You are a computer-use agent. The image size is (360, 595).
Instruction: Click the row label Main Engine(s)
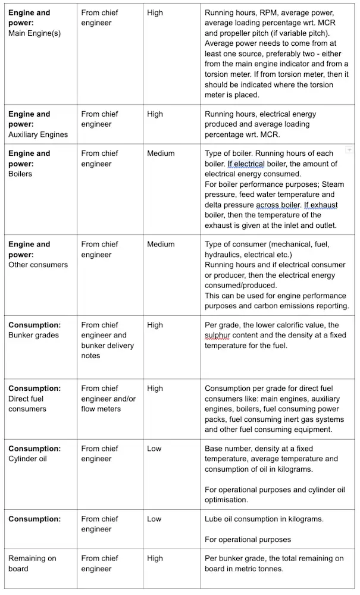(x=35, y=33)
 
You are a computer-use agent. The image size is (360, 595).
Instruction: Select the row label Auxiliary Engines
(x=38, y=134)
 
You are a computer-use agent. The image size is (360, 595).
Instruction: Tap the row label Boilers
(x=20, y=174)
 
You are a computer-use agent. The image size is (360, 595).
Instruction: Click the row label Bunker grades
(x=33, y=336)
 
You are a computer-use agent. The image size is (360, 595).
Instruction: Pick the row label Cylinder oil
(x=27, y=459)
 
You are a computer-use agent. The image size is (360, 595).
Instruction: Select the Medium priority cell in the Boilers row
(x=161, y=154)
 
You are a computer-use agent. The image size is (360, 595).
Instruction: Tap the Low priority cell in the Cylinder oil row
(x=154, y=449)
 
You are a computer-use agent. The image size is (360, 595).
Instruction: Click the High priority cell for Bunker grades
(x=155, y=325)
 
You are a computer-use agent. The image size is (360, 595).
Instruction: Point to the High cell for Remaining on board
(x=155, y=558)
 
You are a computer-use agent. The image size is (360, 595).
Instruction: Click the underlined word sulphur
(x=217, y=336)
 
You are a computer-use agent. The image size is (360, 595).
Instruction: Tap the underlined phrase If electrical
(x=246, y=164)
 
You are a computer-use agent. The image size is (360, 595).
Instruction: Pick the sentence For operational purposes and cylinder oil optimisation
(x=274, y=494)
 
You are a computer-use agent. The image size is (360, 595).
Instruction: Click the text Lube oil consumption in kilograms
(x=264, y=519)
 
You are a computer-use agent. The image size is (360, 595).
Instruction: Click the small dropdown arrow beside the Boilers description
(x=349, y=150)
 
